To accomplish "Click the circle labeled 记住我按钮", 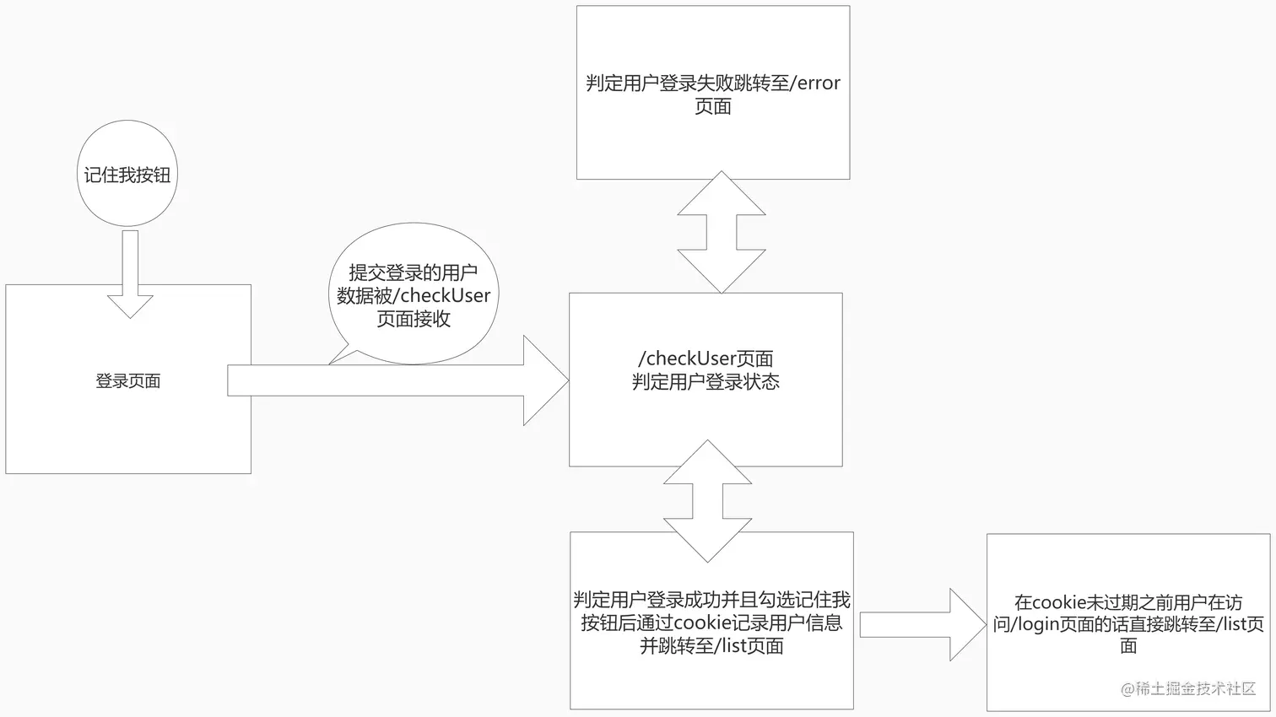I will point(127,174).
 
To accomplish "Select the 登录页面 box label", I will point(128,381).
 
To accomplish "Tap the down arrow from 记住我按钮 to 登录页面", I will point(130,274).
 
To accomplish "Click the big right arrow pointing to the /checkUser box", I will point(397,380).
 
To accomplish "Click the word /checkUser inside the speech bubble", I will point(444,296).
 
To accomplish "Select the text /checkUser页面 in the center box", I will point(706,358).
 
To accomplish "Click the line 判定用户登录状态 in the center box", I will point(706,382).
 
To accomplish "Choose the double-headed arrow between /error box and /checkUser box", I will point(722,232).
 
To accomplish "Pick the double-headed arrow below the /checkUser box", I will point(707,501).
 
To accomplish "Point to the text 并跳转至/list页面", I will point(711,646).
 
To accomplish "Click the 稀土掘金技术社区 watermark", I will point(1188,688).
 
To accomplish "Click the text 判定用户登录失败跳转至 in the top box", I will point(689,84).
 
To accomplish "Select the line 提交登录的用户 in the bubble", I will point(414,272).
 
